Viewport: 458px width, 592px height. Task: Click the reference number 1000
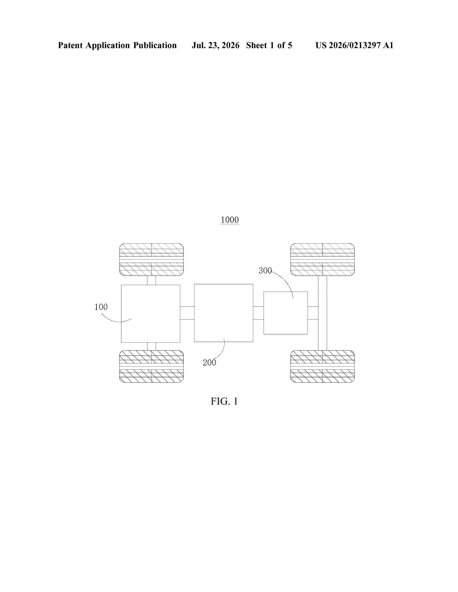pyautogui.click(x=230, y=220)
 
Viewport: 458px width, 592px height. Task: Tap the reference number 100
pyautogui.click(x=101, y=307)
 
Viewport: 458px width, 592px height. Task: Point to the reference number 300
pyautogui.click(x=265, y=271)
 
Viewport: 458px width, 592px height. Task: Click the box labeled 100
pyautogui.click(x=151, y=314)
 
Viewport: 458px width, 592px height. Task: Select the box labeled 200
pyautogui.click(x=224, y=313)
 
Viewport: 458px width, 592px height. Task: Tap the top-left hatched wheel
pyautogui.click(x=151, y=259)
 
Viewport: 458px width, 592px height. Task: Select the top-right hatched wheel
pyautogui.click(x=322, y=259)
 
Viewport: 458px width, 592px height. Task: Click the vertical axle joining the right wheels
pyautogui.click(x=322, y=313)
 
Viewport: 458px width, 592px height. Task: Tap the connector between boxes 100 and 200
pyautogui.click(x=187, y=313)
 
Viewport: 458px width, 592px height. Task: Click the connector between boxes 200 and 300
pyautogui.click(x=258, y=313)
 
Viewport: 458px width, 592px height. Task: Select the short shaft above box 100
pyautogui.click(x=151, y=280)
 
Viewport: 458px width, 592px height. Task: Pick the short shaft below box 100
pyautogui.click(x=151, y=346)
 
